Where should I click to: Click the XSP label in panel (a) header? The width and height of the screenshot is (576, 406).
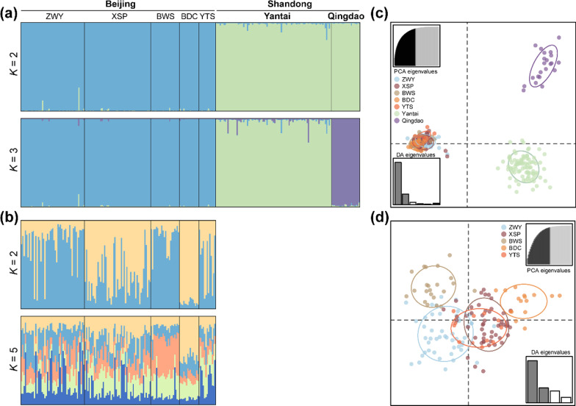(x=118, y=15)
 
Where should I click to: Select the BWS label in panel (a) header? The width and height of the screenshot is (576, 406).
(x=165, y=15)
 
